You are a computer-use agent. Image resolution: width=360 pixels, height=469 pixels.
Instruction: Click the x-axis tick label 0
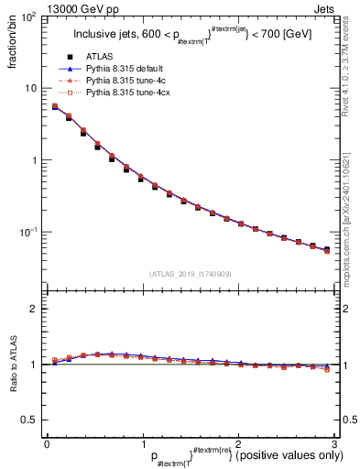point(46,442)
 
